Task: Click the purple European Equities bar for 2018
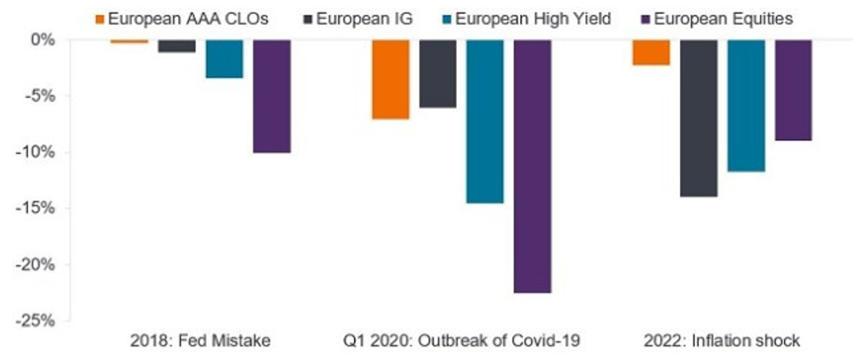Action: coord(272,96)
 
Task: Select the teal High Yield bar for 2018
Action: coord(224,58)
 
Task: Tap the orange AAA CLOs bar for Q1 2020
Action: coord(390,79)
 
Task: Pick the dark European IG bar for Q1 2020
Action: coord(438,73)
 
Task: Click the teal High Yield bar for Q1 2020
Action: coord(485,121)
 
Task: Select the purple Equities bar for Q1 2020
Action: coord(532,166)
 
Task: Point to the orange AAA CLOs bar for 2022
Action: coord(651,52)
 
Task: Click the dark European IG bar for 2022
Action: coord(698,118)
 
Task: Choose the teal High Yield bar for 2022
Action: coord(746,105)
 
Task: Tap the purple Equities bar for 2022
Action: coord(793,89)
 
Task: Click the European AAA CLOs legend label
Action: coord(187,18)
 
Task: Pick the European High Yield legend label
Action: coord(532,18)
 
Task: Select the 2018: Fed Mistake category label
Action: coord(201,341)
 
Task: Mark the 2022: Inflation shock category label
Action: coord(722,341)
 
